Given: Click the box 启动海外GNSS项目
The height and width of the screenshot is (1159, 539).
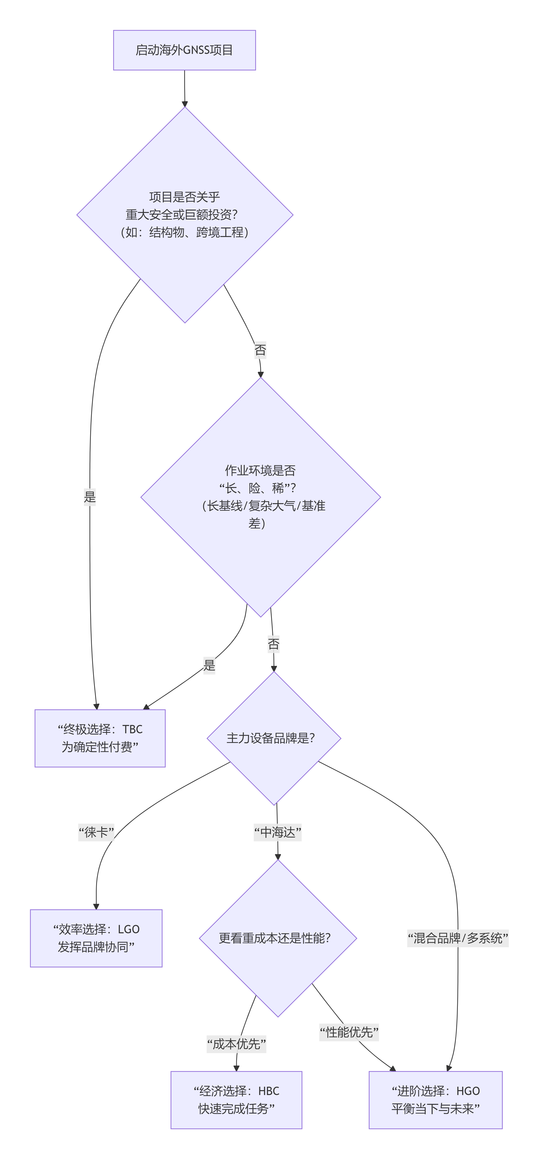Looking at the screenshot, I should pyautogui.click(x=184, y=50).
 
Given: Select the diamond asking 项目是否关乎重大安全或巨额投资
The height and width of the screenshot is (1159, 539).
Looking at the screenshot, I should pyautogui.click(x=185, y=215).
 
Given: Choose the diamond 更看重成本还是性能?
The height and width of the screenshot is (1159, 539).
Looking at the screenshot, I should pyautogui.click(x=277, y=938).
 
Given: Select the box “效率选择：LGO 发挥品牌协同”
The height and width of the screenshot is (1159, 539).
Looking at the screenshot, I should pyautogui.click(x=96, y=938).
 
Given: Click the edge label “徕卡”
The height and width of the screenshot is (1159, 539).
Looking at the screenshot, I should pyautogui.click(x=96, y=832).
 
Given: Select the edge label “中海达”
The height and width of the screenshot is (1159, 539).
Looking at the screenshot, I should pyautogui.click(x=277, y=832).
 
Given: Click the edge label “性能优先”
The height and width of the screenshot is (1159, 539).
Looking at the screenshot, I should pyautogui.click(x=349, y=1032).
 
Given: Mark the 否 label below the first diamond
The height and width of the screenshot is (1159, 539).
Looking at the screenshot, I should pyautogui.click(x=260, y=350).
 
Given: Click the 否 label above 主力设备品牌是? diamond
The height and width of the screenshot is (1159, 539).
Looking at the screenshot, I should pyautogui.click(x=273, y=644).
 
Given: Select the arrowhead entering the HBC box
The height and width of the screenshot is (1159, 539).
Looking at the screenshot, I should pyautogui.click(x=237, y=1068).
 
